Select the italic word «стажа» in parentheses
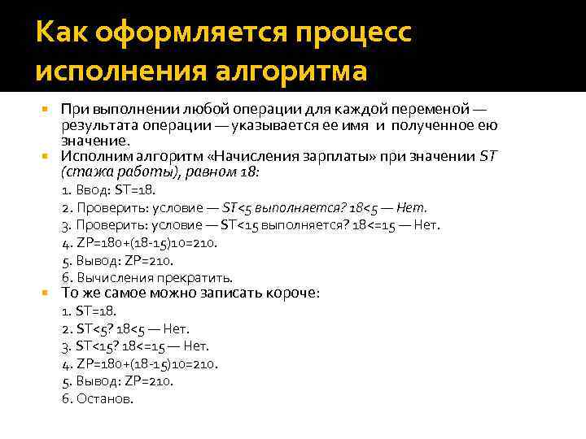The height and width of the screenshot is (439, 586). tap(85, 172)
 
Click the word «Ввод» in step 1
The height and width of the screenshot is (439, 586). tap(91, 190)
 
